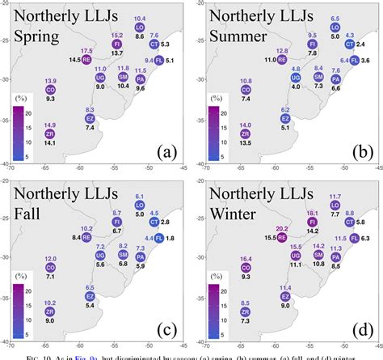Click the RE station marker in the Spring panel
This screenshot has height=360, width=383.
coord(86,58)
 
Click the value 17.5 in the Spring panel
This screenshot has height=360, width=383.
coord(86,50)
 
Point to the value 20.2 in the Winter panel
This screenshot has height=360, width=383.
coord(282,229)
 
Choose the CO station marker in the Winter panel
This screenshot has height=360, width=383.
coord(246,267)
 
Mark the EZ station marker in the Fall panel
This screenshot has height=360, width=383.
coord(90,296)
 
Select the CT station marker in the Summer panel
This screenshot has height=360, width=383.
coord(349,44)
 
